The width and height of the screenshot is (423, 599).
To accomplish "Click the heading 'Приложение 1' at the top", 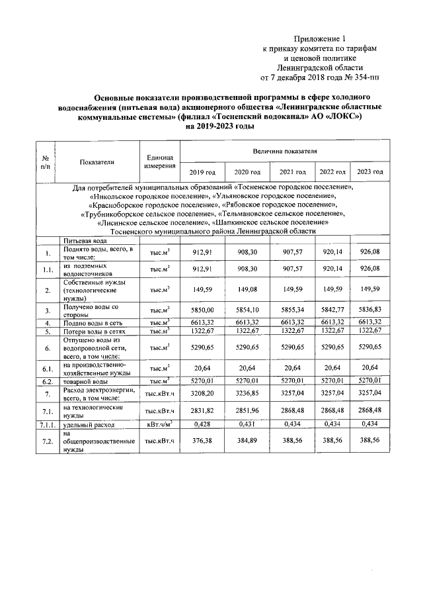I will [320, 39].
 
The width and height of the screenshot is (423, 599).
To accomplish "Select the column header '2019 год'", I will [202, 172].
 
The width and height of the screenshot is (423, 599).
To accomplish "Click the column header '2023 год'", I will [369, 172].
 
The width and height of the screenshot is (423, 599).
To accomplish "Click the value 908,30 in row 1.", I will [245, 253].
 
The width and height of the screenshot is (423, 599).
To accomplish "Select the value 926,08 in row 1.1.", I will [369, 269].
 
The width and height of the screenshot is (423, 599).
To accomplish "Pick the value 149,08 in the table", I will [245, 290].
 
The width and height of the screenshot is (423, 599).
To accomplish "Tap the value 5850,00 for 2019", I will [202, 309].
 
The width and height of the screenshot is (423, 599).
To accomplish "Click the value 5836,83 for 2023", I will [369, 309].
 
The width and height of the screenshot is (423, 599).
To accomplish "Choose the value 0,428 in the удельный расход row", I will [202, 424].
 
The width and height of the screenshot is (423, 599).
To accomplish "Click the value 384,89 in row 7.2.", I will [245, 441].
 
